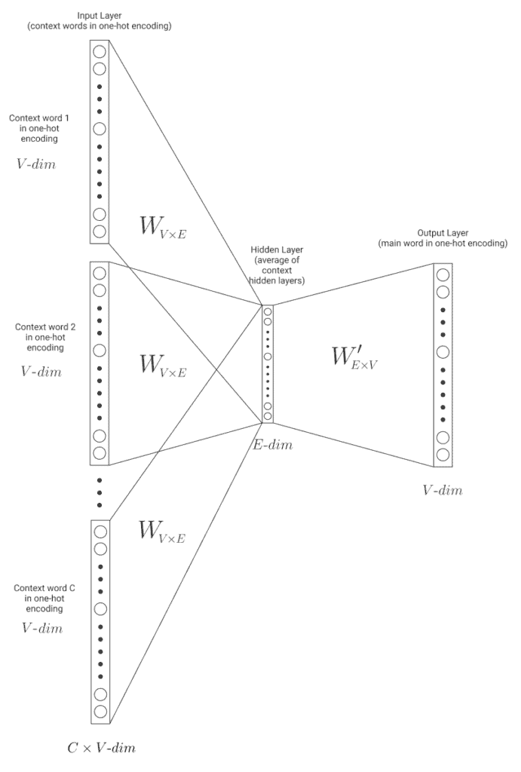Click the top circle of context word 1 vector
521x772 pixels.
100,51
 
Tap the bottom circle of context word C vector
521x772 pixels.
100,710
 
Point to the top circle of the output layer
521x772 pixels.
443,274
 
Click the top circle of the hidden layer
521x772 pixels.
268,311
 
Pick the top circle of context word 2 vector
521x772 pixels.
100,273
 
